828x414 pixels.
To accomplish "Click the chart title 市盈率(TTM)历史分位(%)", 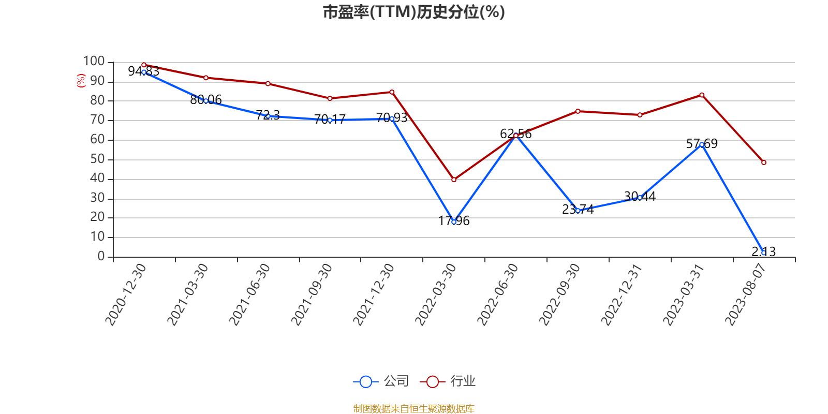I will tap(413, 12).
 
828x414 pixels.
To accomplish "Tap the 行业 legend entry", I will tap(448, 381).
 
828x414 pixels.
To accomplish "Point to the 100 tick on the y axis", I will tap(94, 62).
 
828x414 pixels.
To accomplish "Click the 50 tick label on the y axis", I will tap(97, 159).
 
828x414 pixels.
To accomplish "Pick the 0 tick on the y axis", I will tap(101, 257).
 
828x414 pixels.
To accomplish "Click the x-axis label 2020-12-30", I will tap(126, 294).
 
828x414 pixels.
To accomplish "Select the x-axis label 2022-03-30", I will tap(436, 294).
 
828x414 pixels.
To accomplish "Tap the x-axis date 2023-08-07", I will tap(745, 294).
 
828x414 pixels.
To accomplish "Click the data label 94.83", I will tap(143, 71).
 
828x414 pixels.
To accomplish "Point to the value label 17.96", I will tap(454, 221).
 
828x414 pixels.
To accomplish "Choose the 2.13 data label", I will tap(763, 252).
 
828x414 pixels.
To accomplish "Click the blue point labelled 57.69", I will tap(702, 145).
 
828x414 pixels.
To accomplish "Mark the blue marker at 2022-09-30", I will tap(578, 211).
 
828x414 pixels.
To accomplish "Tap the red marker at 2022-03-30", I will tap(454, 180).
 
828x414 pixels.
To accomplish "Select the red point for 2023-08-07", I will tap(763, 162).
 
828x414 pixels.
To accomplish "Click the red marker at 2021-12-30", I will tap(392, 92).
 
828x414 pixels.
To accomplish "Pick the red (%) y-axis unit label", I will tap(81, 81).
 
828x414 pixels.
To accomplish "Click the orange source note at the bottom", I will tap(413, 409).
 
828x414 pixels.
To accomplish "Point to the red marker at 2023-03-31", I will tap(702, 95).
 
